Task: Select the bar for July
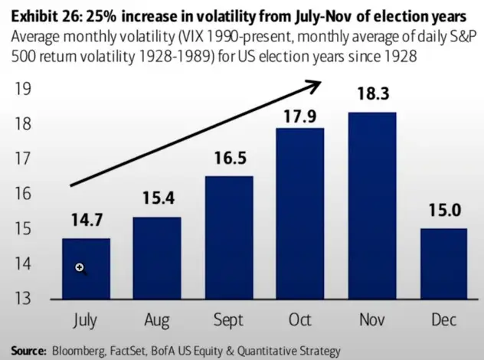(x=86, y=268)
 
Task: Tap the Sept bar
(x=228, y=237)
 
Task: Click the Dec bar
(x=443, y=263)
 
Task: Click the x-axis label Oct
(x=300, y=318)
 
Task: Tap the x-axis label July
(x=86, y=318)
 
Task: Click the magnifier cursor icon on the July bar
(x=79, y=268)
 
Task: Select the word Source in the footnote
(x=28, y=351)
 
